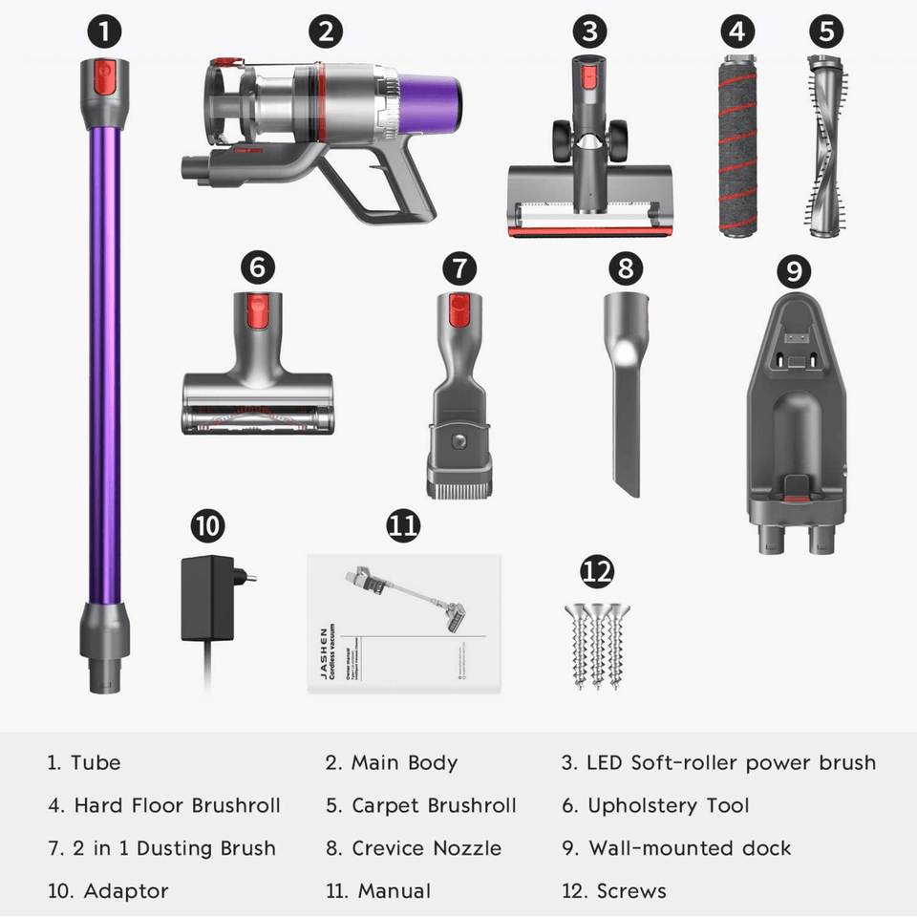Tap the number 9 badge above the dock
(794, 271)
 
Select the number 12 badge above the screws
(597, 572)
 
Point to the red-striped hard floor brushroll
(737, 145)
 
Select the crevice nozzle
(626, 392)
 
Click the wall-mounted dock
(796, 420)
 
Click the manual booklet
(405, 624)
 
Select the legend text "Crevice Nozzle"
(426, 848)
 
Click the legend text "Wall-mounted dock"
(690, 848)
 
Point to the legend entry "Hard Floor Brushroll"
(177, 805)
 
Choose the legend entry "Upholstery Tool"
(668, 805)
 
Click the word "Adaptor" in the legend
(126, 891)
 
